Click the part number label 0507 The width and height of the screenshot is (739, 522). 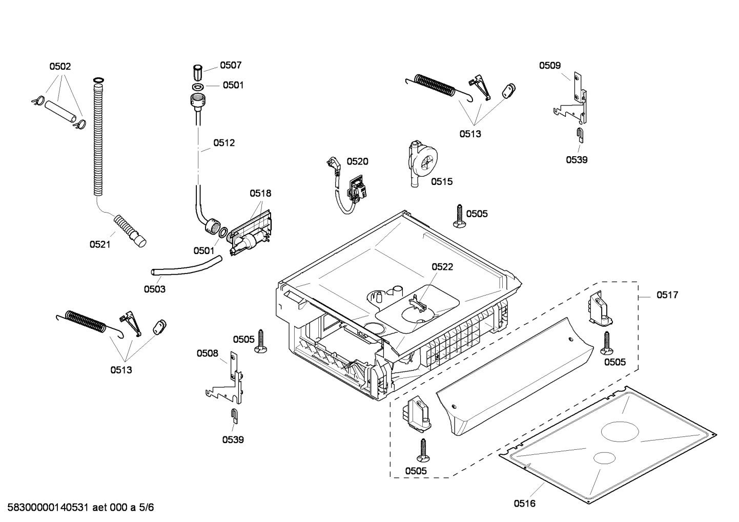click(x=231, y=65)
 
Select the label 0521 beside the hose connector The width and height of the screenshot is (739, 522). click(x=100, y=244)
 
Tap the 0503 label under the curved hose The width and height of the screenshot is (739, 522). click(x=154, y=289)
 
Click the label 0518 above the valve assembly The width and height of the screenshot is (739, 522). click(x=260, y=193)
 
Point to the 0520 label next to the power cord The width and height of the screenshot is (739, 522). click(x=357, y=161)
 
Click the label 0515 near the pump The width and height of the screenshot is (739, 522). click(x=441, y=181)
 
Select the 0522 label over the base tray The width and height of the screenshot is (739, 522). click(x=442, y=267)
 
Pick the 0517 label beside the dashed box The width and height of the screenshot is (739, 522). click(x=667, y=295)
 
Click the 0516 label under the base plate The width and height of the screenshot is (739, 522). click(x=524, y=504)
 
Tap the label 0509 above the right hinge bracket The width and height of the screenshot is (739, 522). click(x=549, y=65)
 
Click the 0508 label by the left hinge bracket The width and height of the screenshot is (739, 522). click(x=207, y=353)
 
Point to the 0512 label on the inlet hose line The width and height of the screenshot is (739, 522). click(x=224, y=142)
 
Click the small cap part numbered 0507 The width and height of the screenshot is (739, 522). click(x=197, y=71)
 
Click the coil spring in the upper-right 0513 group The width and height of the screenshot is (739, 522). click(x=435, y=85)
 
